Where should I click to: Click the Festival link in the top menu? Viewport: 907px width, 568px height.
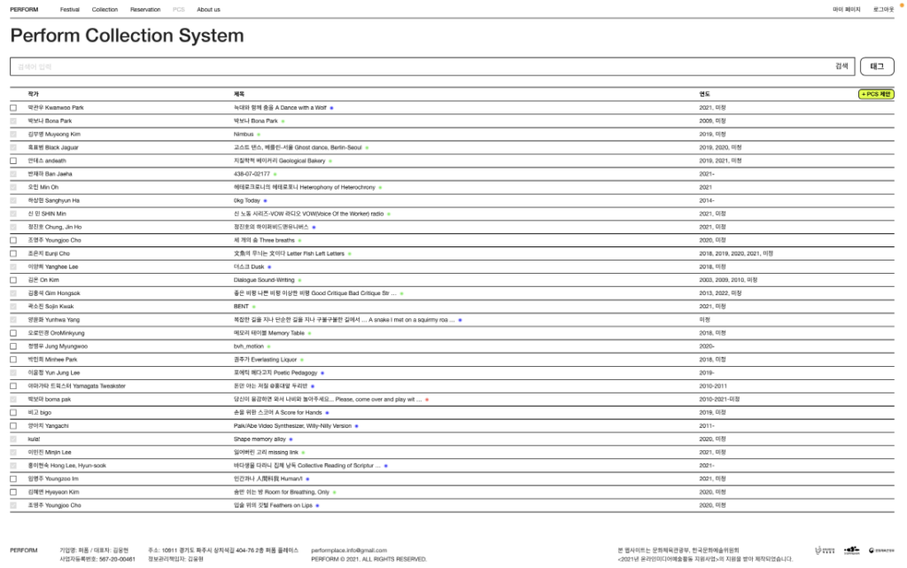[70, 9]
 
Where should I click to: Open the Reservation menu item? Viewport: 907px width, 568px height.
[145, 9]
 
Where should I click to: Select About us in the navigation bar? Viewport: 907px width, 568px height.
[208, 9]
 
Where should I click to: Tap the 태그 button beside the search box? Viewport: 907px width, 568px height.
[877, 66]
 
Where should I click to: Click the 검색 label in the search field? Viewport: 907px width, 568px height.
[841, 66]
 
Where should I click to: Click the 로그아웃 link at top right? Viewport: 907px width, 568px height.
[882, 9]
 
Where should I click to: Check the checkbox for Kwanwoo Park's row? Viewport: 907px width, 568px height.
[13, 108]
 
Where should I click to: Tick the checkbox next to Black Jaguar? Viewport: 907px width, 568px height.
[13, 148]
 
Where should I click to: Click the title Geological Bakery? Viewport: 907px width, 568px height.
[279, 161]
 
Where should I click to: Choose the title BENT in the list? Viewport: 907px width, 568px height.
[240, 307]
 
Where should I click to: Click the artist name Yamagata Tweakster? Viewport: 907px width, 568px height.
[76, 386]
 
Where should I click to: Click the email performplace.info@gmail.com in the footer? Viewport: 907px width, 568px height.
[349, 550]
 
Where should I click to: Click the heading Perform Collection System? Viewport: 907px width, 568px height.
[127, 36]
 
